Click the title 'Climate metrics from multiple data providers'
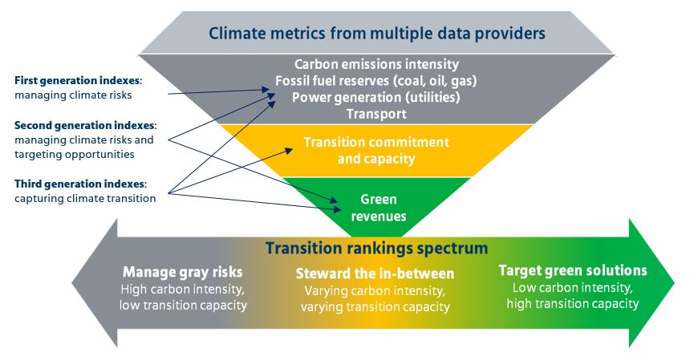coord(376,34)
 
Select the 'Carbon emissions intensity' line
coord(376,64)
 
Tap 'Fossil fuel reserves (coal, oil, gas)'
coord(376,81)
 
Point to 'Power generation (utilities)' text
coord(376,97)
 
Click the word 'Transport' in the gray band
coord(376,114)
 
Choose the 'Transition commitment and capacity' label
coord(376,150)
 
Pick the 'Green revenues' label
coord(379,208)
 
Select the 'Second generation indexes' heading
coord(85,125)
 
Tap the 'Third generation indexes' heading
coord(80,184)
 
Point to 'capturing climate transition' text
coord(85,198)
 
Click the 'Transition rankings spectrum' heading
coord(376,248)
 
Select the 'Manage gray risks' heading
coord(183,272)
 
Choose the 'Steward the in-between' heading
coord(375,273)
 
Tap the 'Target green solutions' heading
coord(573,270)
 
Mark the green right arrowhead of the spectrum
coord(651,283)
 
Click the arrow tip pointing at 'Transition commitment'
coord(293,150)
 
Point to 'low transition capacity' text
coord(183,305)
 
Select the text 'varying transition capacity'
coord(375,306)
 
